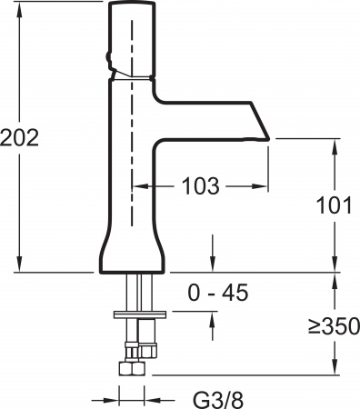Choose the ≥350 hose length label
334,324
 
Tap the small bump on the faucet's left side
109,62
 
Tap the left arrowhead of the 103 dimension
139,186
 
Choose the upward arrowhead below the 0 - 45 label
212,317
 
